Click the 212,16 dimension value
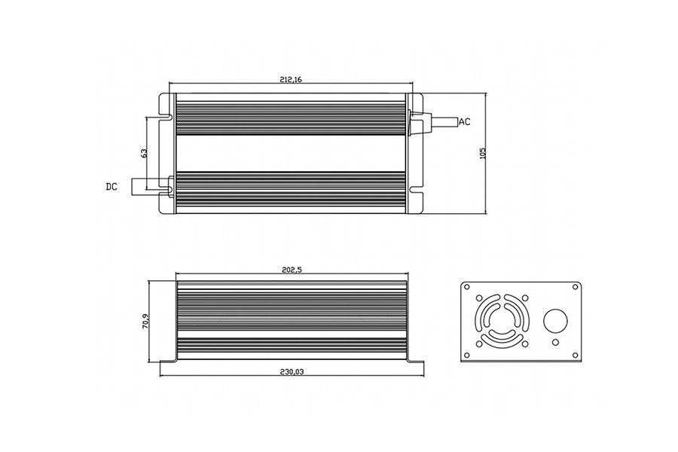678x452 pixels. (x=290, y=78)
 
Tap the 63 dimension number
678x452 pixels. (x=143, y=152)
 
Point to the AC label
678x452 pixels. (x=465, y=122)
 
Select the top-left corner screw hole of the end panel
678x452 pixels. (x=469, y=287)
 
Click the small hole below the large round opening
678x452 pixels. (x=555, y=343)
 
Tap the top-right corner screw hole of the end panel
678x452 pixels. (x=576, y=287)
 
